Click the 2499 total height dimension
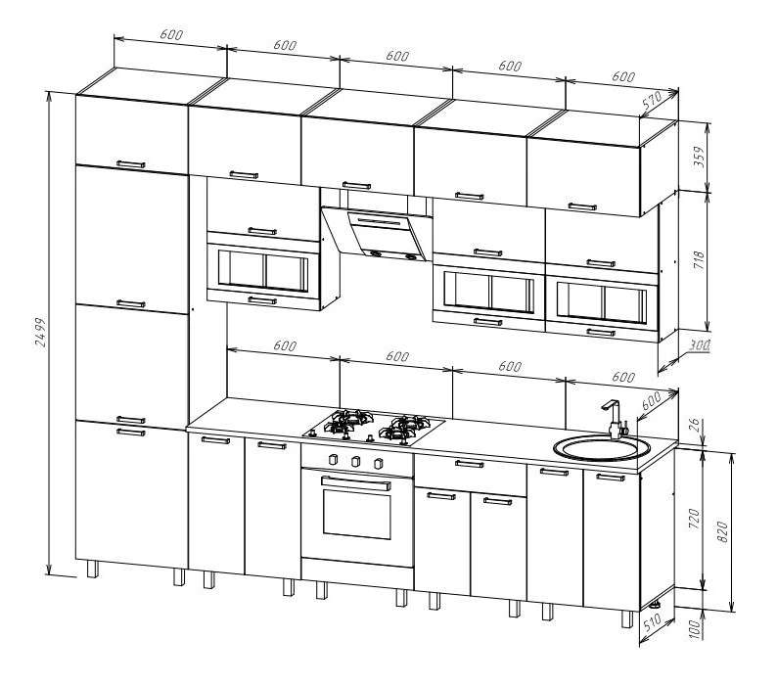pos(41,332)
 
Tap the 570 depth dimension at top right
pos(653,100)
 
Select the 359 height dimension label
pos(699,157)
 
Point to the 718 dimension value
pos(699,259)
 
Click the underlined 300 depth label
pos(699,345)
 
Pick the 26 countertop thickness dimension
pos(695,425)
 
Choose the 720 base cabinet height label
pos(695,519)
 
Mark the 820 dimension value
pos(722,531)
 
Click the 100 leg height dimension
pos(695,629)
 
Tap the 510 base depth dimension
pos(652,622)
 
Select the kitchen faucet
pos(615,420)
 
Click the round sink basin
pos(602,449)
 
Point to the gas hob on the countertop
pos(374,426)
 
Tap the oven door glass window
pos(357,514)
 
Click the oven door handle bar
pos(356,483)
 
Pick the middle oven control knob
pos(355,462)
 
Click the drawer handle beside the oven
pos(470,465)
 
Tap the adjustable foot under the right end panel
pos(656,605)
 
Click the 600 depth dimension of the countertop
pos(652,400)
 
